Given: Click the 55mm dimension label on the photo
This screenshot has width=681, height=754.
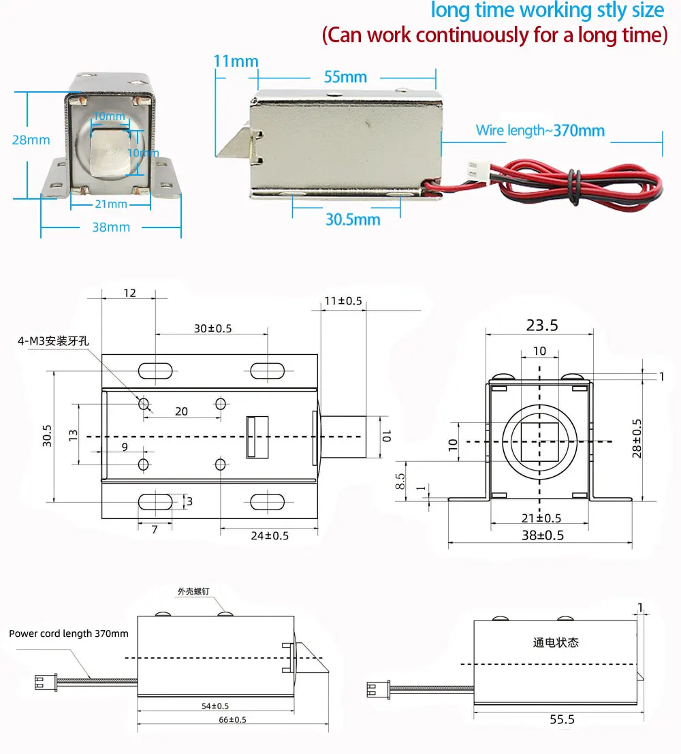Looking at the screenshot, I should click(x=345, y=76).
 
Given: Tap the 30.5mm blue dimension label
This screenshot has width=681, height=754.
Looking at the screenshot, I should click(x=352, y=219).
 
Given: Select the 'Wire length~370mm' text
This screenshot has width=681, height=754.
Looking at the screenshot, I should click(x=540, y=130).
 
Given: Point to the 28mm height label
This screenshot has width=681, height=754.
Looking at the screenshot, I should click(x=31, y=140).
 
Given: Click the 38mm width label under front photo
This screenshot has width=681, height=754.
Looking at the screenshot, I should click(x=110, y=227).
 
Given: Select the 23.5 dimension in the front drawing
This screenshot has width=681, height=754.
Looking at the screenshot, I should click(x=541, y=326).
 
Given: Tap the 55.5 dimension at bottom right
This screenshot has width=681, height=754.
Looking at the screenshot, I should click(x=561, y=719).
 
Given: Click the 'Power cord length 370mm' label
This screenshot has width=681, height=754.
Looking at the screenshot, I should click(x=68, y=633).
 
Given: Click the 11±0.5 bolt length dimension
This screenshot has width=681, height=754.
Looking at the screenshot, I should click(x=342, y=301).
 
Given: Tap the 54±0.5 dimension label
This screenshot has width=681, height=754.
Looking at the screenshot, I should click(x=216, y=706).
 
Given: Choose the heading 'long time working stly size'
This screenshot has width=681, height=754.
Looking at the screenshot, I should click(x=547, y=11).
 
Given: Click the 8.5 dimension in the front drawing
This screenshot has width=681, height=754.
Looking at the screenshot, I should click(x=400, y=481).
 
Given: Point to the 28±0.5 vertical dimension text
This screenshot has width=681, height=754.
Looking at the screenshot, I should click(x=637, y=437).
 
